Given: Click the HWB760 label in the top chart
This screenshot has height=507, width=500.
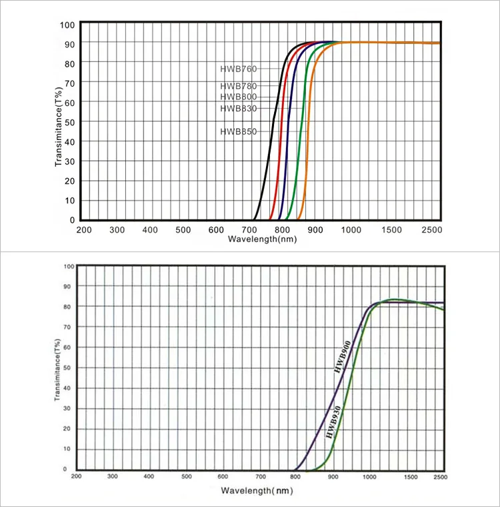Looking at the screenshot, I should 238,69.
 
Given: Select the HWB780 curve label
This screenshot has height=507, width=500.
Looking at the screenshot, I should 238,86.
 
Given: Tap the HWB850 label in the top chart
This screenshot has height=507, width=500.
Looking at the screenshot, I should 238,131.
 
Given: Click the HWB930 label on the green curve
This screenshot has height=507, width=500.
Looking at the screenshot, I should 333,421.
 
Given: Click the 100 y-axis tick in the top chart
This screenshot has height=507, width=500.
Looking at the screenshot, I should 67,25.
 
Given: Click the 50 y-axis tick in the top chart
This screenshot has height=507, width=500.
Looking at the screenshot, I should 69,122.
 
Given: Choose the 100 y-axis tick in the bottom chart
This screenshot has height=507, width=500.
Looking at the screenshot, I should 69,266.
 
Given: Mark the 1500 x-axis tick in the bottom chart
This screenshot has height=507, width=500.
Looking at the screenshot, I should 410,476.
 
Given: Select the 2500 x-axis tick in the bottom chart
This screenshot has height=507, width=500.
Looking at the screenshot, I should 440,476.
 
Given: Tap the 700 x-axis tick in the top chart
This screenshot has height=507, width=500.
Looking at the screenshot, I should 249,229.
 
